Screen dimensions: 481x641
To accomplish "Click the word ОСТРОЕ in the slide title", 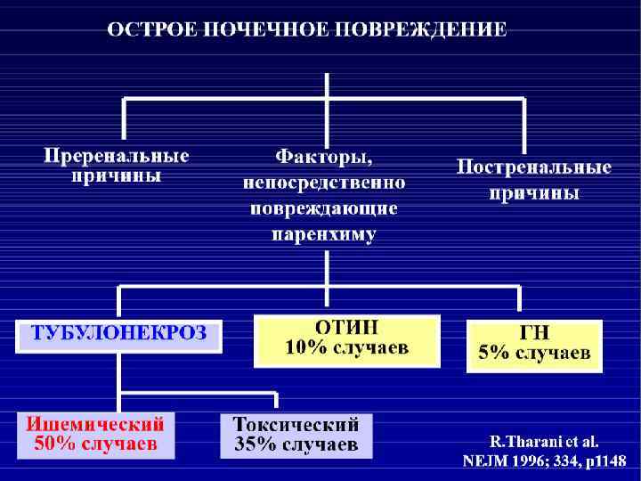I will [x=150, y=30].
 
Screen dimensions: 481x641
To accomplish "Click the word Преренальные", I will [x=117, y=156].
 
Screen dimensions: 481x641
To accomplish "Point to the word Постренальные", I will [x=534, y=167].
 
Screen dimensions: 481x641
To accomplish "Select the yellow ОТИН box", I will [x=347, y=339].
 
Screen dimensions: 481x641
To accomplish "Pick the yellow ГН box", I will [x=534, y=345].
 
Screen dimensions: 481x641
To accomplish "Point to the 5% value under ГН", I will [x=495, y=353].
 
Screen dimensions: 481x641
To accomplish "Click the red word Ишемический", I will [x=95, y=422].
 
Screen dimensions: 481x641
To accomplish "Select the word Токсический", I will [x=296, y=422].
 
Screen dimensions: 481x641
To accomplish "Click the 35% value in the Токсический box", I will [x=253, y=443].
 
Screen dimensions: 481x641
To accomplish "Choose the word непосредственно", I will [x=323, y=183].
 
